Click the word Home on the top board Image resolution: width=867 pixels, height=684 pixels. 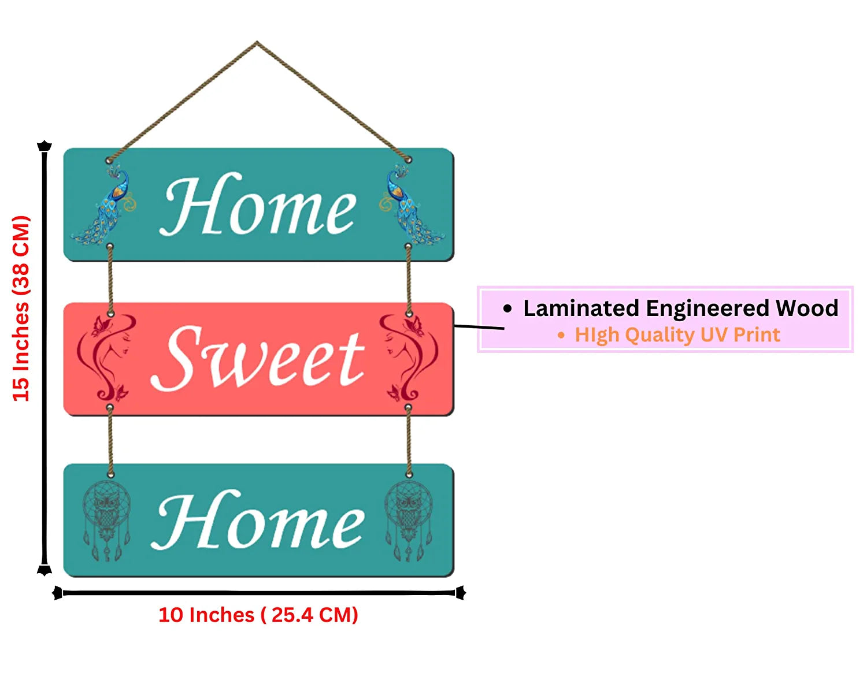tap(258, 206)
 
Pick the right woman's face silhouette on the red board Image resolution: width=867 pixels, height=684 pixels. tap(408, 357)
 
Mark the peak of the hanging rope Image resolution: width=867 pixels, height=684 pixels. tap(257, 42)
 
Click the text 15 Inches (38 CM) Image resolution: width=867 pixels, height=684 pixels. tap(21, 308)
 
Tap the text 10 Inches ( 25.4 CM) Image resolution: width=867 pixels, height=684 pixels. tap(258, 615)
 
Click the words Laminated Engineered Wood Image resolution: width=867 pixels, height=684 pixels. tap(680, 308)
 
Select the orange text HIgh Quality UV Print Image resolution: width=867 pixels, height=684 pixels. tap(677, 335)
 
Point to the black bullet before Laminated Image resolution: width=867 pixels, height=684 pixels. tap(507, 308)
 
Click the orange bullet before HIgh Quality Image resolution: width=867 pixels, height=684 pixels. tap(561, 335)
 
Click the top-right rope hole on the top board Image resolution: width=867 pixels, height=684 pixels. tap(408, 159)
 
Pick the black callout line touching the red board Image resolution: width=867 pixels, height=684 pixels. tap(479, 327)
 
